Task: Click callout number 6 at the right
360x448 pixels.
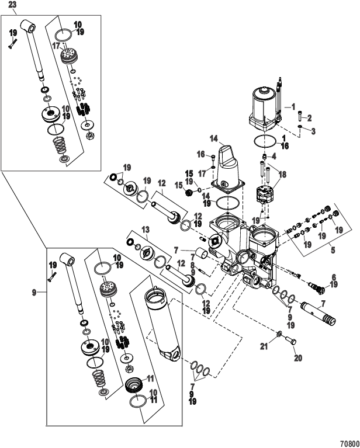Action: [334, 277]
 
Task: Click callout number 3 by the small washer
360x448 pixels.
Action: [313, 131]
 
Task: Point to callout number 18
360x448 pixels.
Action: [284, 175]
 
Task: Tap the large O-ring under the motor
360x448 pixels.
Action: [265, 141]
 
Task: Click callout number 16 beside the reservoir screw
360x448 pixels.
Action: [200, 154]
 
